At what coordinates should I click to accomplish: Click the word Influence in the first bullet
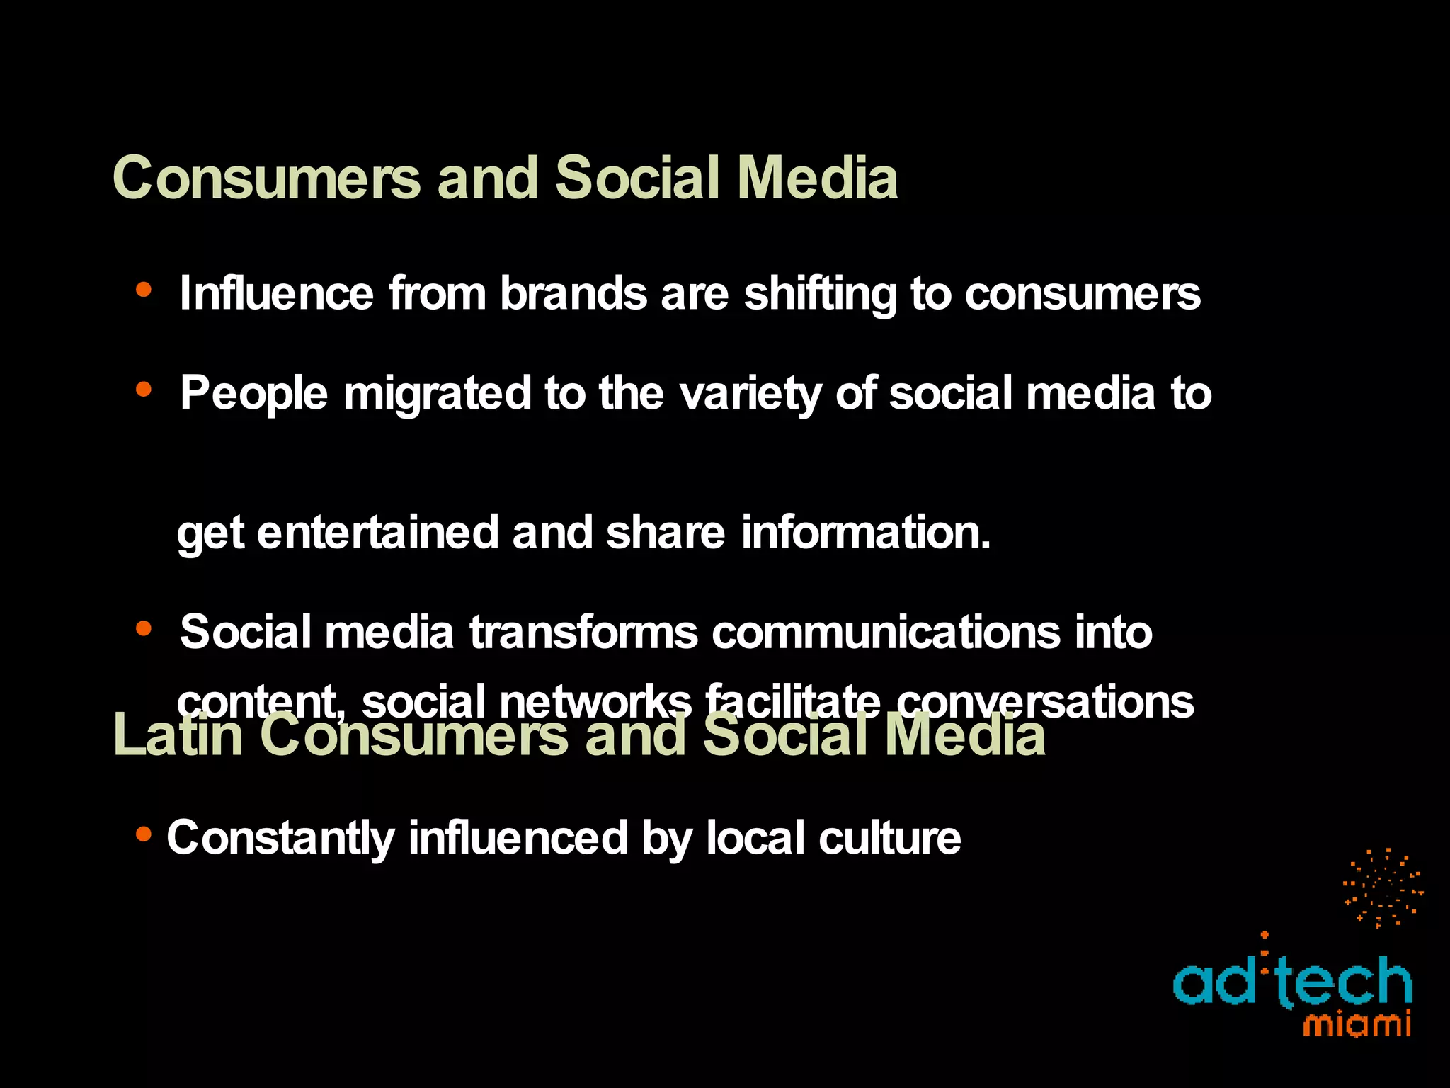[x=276, y=293]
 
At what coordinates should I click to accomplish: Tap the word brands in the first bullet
[x=573, y=293]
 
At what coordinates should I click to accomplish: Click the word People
[x=253, y=394]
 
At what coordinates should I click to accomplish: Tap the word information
[x=865, y=533]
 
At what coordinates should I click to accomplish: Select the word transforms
[x=583, y=632]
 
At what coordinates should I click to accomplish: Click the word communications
[x=886, y=632]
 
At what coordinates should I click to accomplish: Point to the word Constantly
[x=280, y=839]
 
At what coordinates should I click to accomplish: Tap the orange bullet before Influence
[x=144, y=289]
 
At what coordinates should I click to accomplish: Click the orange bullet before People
[x=144, y=389]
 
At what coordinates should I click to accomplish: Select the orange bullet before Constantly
[x=144, y=835]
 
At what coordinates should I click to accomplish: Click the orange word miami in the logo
[x=1357, y=1025]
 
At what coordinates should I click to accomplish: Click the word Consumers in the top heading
[x=266, y=178]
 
